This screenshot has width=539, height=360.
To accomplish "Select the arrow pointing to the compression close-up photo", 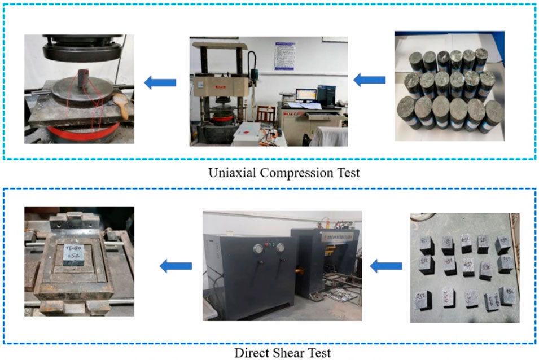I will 160,83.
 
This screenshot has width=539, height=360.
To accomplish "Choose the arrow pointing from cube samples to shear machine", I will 386,265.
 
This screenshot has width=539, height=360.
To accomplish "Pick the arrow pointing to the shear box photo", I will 176,265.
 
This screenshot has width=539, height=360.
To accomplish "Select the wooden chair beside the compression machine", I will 265,114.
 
